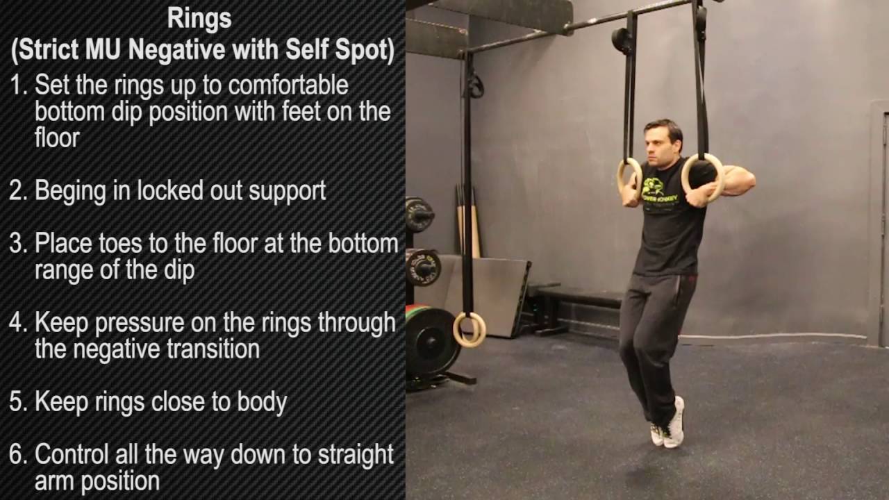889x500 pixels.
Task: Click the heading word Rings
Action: (199, 19)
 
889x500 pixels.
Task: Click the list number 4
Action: (17, 324)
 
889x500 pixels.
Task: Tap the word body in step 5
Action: (263, 402)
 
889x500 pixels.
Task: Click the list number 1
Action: (17, 86)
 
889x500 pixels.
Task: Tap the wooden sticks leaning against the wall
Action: (468, 222)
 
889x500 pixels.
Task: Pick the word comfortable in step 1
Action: (288, 86)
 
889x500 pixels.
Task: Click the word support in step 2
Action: (285, 191)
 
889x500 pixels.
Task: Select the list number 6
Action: (17, 455)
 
